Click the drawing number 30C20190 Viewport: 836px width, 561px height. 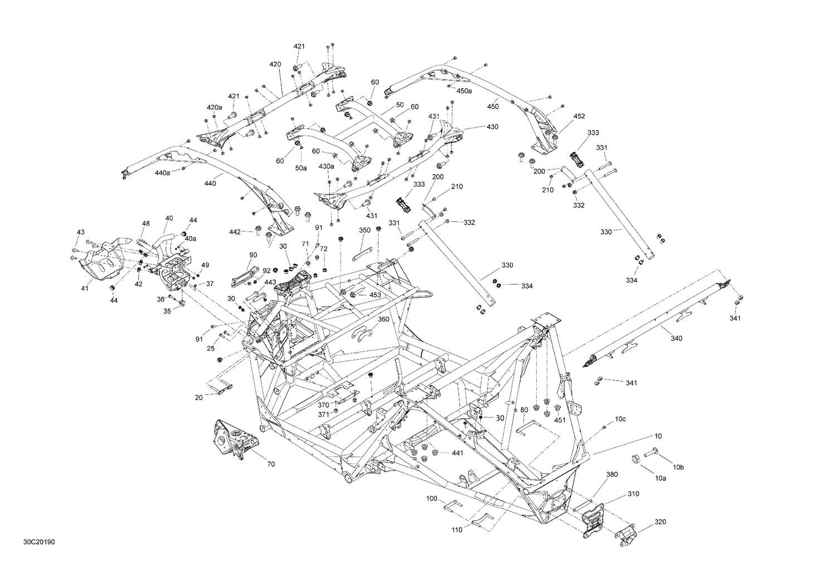click(39, 541)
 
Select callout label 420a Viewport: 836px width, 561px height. click(215, 107)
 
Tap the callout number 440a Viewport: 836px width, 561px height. click(163, 173)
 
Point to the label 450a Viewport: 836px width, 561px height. click(464, 90)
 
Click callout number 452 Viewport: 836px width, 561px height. click(579, 117)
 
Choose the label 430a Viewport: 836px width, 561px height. click(327, 166)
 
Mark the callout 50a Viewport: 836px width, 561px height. click(301, 168)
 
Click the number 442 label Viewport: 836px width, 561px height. click(235, 231)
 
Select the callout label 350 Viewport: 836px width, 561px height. click(364, 230)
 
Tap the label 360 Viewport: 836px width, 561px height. click(383, 319)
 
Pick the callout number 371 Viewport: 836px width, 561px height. click(323, 414)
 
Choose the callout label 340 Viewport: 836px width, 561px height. click(676, 338)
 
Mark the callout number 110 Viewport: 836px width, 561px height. click(457, 530)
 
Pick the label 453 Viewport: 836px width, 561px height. click(375, 294)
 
